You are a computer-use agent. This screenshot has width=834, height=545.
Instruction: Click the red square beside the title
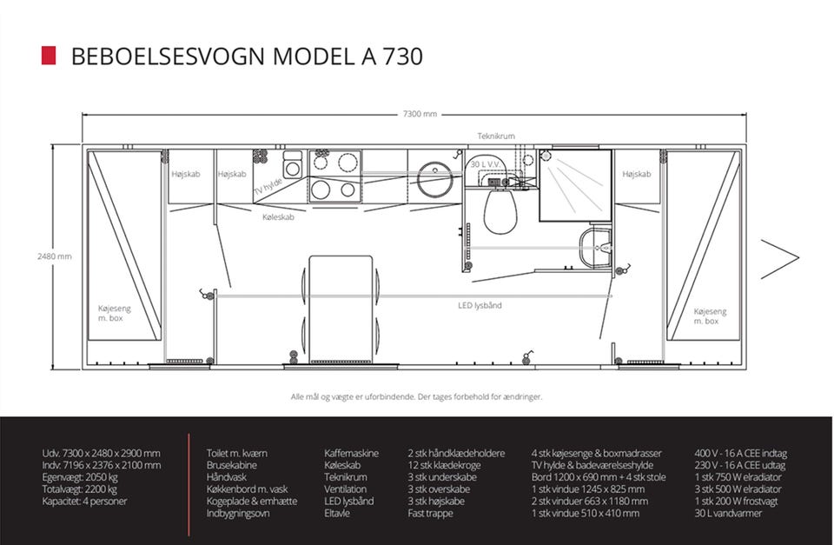coord(49,56)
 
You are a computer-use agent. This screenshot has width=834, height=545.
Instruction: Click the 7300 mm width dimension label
coord(420,114)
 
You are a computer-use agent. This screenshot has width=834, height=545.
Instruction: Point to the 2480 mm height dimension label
coord(54,256)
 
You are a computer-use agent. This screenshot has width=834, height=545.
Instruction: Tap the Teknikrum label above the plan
coord(496,136)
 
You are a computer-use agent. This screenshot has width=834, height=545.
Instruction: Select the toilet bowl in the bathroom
coord(500,211)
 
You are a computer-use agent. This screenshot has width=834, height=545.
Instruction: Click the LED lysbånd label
coord(480,305)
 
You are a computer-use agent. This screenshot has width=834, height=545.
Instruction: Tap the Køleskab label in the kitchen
coord(278,217)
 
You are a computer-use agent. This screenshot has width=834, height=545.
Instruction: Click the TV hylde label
coord(268,186)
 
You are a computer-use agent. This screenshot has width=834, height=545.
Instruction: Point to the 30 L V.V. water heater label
coord(485,164)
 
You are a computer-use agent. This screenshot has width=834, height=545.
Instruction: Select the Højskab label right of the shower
coord(637,174)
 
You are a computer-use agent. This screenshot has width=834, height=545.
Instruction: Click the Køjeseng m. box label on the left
coord(114,313)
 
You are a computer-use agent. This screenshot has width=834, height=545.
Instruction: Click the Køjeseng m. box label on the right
coord(710,316)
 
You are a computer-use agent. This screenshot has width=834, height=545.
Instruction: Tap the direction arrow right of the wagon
coord(780,259)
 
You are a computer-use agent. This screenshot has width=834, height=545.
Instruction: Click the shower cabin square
coord(575,185)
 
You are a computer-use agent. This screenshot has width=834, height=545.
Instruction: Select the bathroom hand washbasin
coord(595,248)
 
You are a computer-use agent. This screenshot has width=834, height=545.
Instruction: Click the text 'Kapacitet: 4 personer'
coord(84,502)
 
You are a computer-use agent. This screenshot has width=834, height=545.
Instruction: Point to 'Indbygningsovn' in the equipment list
coord(238,514)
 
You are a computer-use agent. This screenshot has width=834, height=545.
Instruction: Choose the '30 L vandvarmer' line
coord(728,514)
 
